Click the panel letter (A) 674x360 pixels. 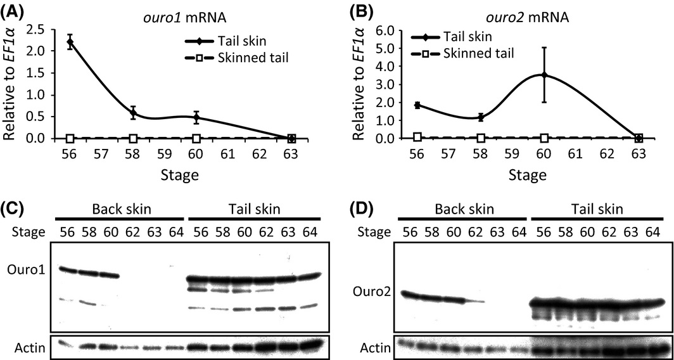[14, 11]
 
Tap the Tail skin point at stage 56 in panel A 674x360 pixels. [70, 42]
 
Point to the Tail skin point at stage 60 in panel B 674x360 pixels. [544, 75]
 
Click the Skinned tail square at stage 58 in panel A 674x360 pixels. [133, 138]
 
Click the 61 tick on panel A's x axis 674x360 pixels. [228, 154]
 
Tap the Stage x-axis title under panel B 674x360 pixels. [527, 173]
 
